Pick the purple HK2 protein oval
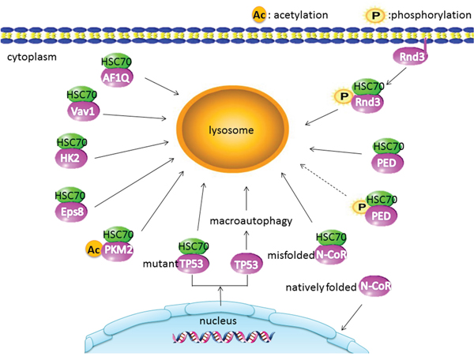pos(68,158)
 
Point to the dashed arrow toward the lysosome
pos(324,180)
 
